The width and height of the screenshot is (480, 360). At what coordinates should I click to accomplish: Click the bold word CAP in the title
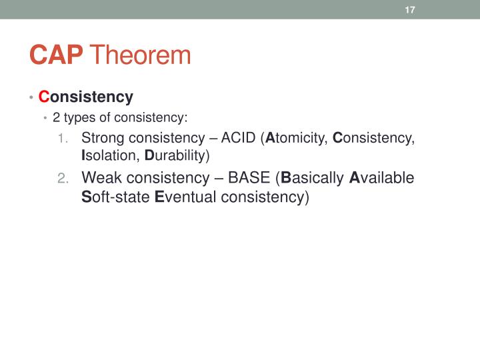(56, 55)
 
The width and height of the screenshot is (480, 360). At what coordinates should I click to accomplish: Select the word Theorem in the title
(140, 55)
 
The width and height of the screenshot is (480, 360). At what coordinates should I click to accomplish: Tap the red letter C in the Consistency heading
(44, 97)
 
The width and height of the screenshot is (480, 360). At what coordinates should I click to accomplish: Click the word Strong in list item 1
(101, 139)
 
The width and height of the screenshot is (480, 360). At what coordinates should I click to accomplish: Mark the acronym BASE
(249, 178)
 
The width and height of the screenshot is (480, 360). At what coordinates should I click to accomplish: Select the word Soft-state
(115, 197)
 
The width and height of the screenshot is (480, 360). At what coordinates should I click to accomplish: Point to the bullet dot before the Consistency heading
(31, 98)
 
